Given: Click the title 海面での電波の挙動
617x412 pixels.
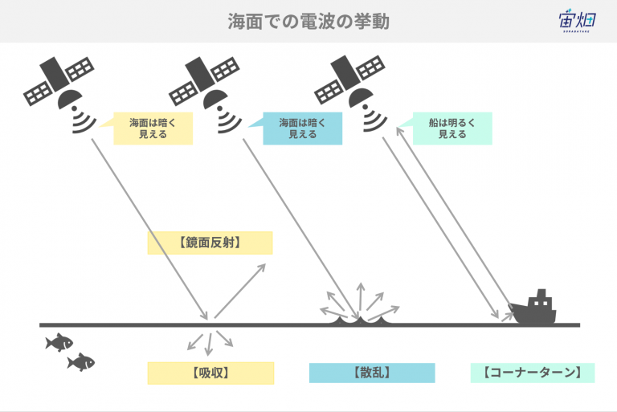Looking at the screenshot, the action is coord(308,21).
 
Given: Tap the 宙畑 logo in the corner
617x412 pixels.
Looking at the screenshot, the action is coord(578,20).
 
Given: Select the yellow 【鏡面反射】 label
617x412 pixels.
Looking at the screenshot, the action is coord(210,243).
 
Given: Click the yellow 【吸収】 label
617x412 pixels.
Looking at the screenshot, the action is coord(210,373).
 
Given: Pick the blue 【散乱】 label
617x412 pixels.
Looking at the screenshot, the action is coord(372,373).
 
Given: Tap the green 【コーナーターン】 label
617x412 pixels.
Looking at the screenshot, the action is coord(533,373).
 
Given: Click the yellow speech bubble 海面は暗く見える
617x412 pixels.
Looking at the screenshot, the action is coord(153,128).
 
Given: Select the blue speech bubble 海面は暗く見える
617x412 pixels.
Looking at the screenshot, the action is coord(302,128).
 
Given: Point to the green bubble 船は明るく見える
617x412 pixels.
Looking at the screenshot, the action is coord(452,128).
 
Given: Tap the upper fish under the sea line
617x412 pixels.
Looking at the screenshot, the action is coord(59,342).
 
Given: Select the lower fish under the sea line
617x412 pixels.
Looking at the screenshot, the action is coord(80,362).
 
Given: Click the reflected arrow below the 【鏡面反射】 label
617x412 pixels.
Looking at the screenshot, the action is coord(240,291).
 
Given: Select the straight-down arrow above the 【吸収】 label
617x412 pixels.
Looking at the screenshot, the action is coord(209,345).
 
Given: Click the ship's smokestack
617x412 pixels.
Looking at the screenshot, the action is coord(541,294).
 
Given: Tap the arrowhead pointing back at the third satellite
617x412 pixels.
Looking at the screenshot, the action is coord(400,132).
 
